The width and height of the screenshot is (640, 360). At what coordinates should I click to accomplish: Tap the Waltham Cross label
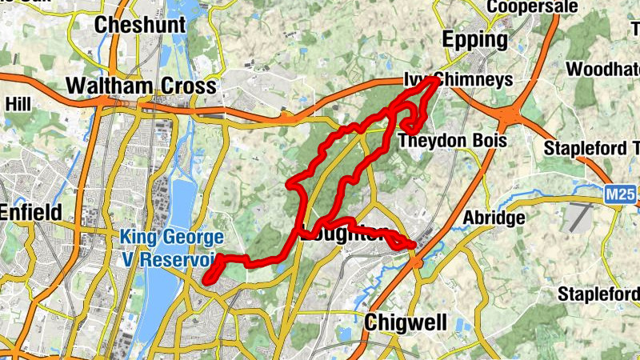click(142, 86)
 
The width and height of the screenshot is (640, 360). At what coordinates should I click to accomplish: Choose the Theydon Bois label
click(453, 140)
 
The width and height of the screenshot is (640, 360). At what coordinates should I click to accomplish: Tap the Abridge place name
click(494, 218)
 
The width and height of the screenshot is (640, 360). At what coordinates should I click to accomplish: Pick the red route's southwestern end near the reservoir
click(206, 280)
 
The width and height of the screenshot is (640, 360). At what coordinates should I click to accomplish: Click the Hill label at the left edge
click(18, 104)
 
